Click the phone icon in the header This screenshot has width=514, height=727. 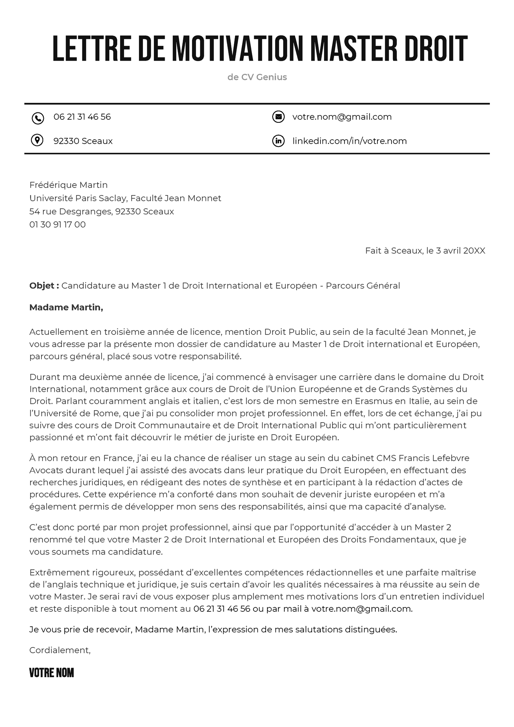click(x=37, y=118)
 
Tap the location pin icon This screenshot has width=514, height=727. click(x=37, y=141)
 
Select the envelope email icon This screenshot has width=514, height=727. click(x=278, y=117)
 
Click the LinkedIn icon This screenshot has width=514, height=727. click(x=278, y=141)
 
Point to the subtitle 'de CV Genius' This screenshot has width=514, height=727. click(x=257, y=77)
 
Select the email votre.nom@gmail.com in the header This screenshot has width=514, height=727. click(x=342, y=117)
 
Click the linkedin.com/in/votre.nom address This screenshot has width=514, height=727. click(x=349, y=141)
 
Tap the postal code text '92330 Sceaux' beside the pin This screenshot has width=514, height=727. click(x=83, y=141)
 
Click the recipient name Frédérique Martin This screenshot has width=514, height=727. click(x=68, y=185)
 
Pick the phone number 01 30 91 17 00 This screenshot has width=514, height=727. click(x=57, y=224)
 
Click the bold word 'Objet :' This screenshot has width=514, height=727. click(x=44, y=285)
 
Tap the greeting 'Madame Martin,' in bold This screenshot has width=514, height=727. click(x=66, y=307)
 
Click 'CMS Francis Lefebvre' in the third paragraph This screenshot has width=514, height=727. click(x=423, y=458)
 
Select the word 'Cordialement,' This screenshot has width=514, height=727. click(x=60, y=650)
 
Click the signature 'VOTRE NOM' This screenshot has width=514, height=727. click(x=51, y=673)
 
